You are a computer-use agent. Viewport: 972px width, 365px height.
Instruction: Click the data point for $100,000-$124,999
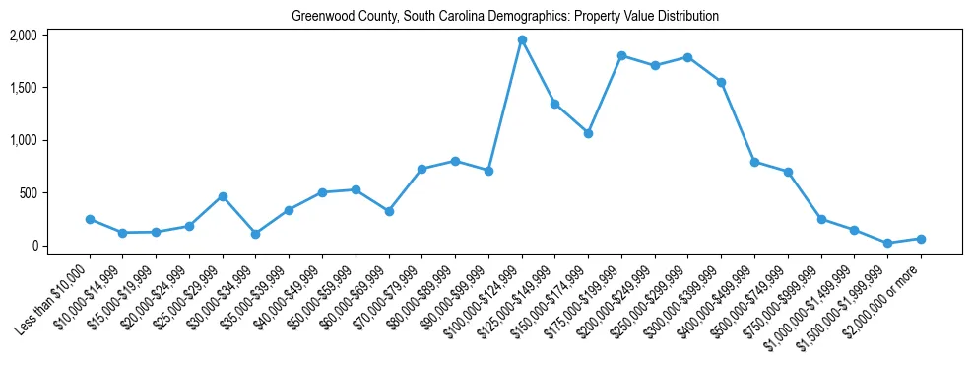click(x=522, y=39)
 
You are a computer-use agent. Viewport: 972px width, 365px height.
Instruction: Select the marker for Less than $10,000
click(x=90, y=219)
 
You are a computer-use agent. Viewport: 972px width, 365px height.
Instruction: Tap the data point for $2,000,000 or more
click(x=921, y=239)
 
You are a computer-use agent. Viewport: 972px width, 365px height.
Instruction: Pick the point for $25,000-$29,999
click(x=223, y=196)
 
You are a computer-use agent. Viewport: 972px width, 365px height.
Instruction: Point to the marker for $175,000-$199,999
click(x=621, y=55)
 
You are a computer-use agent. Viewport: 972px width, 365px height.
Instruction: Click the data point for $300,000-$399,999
click(x=721, y=82)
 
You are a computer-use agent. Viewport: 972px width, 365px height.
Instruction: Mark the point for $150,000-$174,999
click(x=588, y=133)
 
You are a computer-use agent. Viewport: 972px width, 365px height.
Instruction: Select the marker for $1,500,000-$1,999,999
click(x=887, y=243)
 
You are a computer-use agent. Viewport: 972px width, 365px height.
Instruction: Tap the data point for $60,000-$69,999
click(x=389, y=211)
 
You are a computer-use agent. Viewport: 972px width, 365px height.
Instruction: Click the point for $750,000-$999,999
click(x=821, y=219)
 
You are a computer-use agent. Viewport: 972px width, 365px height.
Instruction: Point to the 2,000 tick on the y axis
click(x=23, y=36)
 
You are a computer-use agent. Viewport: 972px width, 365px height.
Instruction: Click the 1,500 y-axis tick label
click(x=23, y=88)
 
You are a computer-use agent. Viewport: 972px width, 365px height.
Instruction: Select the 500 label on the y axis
click(x=28, y=193)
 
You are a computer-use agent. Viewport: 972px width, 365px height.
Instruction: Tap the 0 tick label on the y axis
click(x=33, y=246)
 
